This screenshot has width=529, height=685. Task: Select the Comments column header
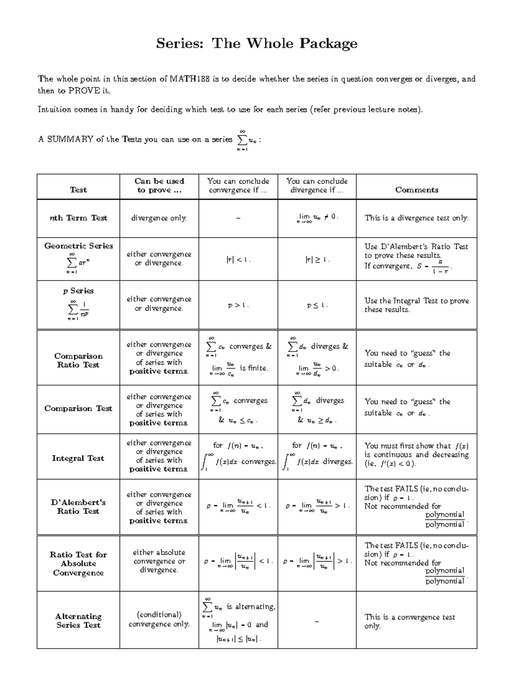(417, 190)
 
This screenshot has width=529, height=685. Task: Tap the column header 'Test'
(78, 190)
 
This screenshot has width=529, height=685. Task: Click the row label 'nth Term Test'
(78, 218)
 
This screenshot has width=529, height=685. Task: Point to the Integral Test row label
(78, 458)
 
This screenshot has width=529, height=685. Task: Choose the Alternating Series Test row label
(78, 621)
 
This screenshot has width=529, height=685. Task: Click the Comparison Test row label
(78, 408)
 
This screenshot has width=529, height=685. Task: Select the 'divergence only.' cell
(159, 218)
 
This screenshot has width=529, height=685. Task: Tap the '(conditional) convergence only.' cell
(159, 619)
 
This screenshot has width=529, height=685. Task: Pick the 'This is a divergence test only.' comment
(416, 218)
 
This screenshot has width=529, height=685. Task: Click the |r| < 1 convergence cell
(238, 260)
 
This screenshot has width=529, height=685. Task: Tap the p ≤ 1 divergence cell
(317, 305)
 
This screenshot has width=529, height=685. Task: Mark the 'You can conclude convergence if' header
(238, 186)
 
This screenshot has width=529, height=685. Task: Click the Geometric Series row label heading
(78, 246)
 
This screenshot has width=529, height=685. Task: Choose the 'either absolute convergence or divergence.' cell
(159, 561)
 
